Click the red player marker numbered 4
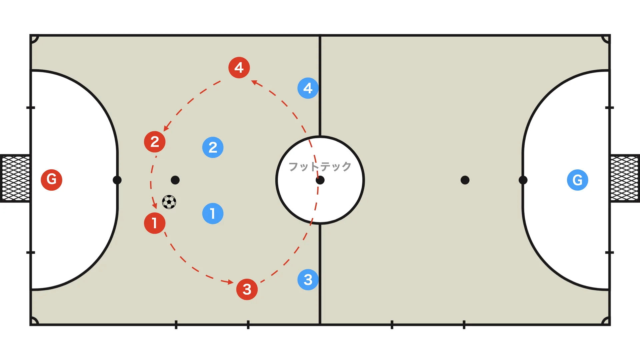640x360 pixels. (239, 68)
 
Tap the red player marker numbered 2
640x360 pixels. (155, 142)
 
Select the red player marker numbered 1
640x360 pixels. (155, 223)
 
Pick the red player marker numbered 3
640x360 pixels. (247, 289)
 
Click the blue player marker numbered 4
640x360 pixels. (308, 88)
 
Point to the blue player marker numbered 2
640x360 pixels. (213, 147)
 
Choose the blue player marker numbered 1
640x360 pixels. (213, 213)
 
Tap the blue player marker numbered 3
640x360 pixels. (308, 279)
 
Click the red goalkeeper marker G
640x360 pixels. (52, 180)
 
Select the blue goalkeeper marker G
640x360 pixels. (578, 180)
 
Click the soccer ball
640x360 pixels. (169, 202)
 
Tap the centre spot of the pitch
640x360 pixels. (320, 180)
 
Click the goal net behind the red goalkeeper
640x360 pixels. (15, 178)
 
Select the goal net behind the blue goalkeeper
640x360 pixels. (625, 178)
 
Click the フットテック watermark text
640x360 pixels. (320, 166)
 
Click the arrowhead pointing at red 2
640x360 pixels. (166, 128)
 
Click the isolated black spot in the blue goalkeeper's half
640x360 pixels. (465, 180)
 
